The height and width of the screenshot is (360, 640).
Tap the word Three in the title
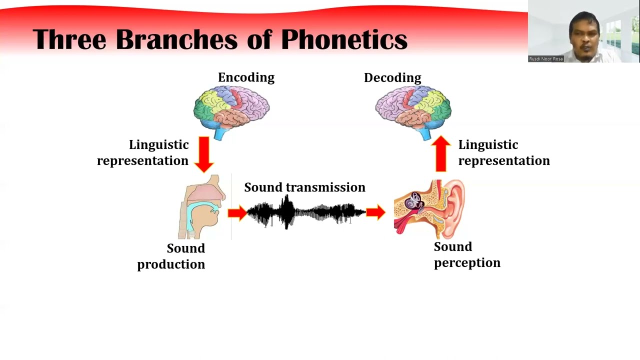click(x=69, y=39)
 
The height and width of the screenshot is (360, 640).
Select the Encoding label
click(x=246, y=77)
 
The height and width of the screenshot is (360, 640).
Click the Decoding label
click(x=392, y=77)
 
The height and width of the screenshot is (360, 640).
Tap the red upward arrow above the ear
click(x=440, y=153)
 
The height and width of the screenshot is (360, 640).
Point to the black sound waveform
click(x=306, y=212)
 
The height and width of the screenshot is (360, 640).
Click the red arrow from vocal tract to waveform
click(x=237, y=213)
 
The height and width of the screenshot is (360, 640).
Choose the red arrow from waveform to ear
click(x=375, y=212)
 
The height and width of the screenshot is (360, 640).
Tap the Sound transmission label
click(x=304, y=187)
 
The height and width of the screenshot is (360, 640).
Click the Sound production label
click(x=171, y=256)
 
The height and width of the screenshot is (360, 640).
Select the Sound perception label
click(x=466, y=254)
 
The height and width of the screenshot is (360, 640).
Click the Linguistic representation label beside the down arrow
click(x=143, y=152)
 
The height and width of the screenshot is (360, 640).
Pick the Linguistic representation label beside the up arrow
click(x=503, y=152)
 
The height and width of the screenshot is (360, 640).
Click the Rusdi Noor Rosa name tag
click(x=546, y=59)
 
